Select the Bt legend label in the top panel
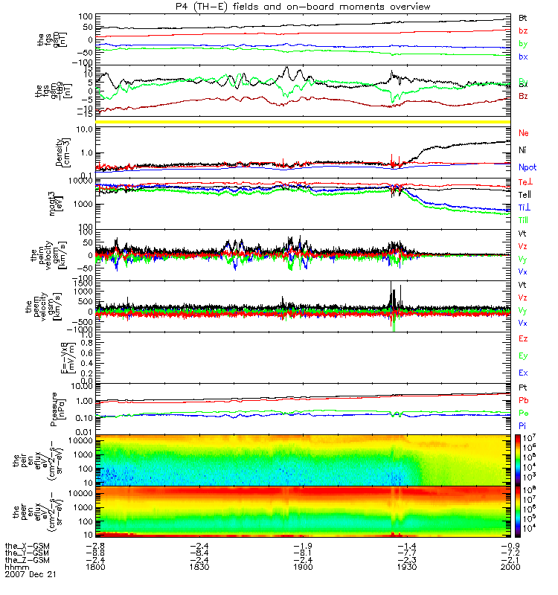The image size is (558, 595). pyautogui.click(x=523, y=16)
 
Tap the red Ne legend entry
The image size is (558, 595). pyautogui.click(x=523, y=132)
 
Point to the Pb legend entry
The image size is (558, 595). pyautogui.click(x=523, y=400)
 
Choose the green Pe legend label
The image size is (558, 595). pyautogui.click(x=523, y=413)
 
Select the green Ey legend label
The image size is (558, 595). pyautogui.click(x=523, y=355)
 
